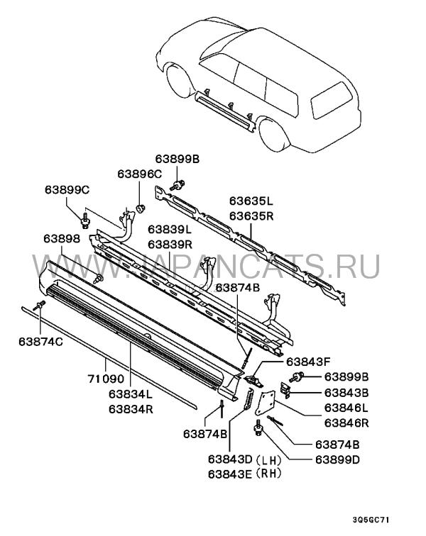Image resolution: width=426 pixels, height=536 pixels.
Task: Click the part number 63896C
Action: click(139, 174)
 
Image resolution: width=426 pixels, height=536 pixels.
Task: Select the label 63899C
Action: click(67, 190)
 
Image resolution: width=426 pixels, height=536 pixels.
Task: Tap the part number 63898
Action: click(62, 239)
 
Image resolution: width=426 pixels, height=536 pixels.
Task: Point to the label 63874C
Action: click(40, 342)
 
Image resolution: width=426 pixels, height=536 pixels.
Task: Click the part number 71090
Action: click(106, 379)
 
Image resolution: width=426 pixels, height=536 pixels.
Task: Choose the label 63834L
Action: click(131, 393)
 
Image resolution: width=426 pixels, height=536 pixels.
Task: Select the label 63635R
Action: click(251, 216)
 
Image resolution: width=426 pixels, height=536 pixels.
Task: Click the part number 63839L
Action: click(170, 230)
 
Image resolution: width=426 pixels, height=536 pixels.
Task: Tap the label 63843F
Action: click(308, 362)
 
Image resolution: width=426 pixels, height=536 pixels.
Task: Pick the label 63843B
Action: click(346, 393)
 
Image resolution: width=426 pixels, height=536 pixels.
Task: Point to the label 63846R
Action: click(346, 423)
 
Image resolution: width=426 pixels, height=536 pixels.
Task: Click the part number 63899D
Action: click(338, 459)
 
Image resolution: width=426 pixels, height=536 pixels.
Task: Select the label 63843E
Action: click(230, 474)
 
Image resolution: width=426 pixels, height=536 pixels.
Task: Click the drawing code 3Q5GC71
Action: click(371, 520)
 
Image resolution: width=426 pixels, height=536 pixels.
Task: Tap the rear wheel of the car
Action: click(274, 134)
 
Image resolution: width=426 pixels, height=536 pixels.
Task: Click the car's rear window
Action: click(332, 100)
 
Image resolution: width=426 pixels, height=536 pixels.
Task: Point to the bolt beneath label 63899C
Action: click(85, 220)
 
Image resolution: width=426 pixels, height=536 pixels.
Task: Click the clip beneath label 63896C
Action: click(141, 208)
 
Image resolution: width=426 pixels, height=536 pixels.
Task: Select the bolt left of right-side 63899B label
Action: click(296, 377)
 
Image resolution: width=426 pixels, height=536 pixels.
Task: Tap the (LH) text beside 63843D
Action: click(269, 459)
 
